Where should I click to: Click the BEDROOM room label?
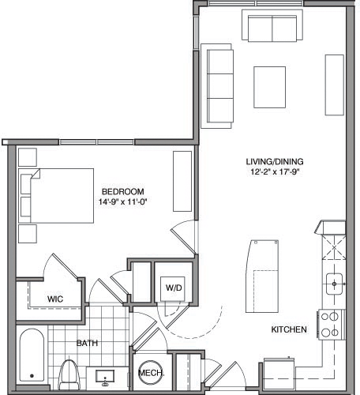[x=122, y=192]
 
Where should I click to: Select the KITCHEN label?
[x=289, y=329]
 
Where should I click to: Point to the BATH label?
[x=87, y=343]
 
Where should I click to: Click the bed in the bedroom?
[x=56, y=195]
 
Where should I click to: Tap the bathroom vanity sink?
[x=106, y=376]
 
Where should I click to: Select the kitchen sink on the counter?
[x=335, y=283]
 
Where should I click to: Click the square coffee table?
[x=270, y=82]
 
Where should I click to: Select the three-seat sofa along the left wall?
[x=218, y=85]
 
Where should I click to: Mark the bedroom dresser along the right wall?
[x=182, y=181]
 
